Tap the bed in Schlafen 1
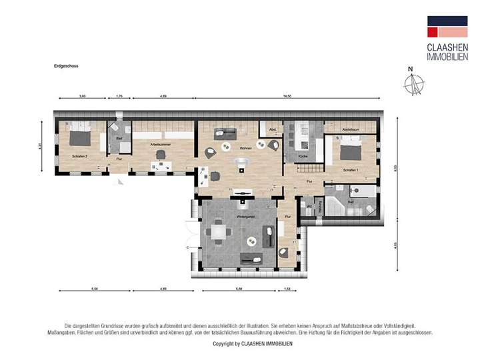click(351, 149)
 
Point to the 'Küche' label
click(303, 156)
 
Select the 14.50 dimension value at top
click(287, 97)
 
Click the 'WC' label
click(309, 206)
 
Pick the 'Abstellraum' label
click(351, 128)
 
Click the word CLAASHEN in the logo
click(441, 47)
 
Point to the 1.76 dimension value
click(119, 97)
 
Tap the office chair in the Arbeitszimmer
click(160, 155)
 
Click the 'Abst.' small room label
click(272, 129)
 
